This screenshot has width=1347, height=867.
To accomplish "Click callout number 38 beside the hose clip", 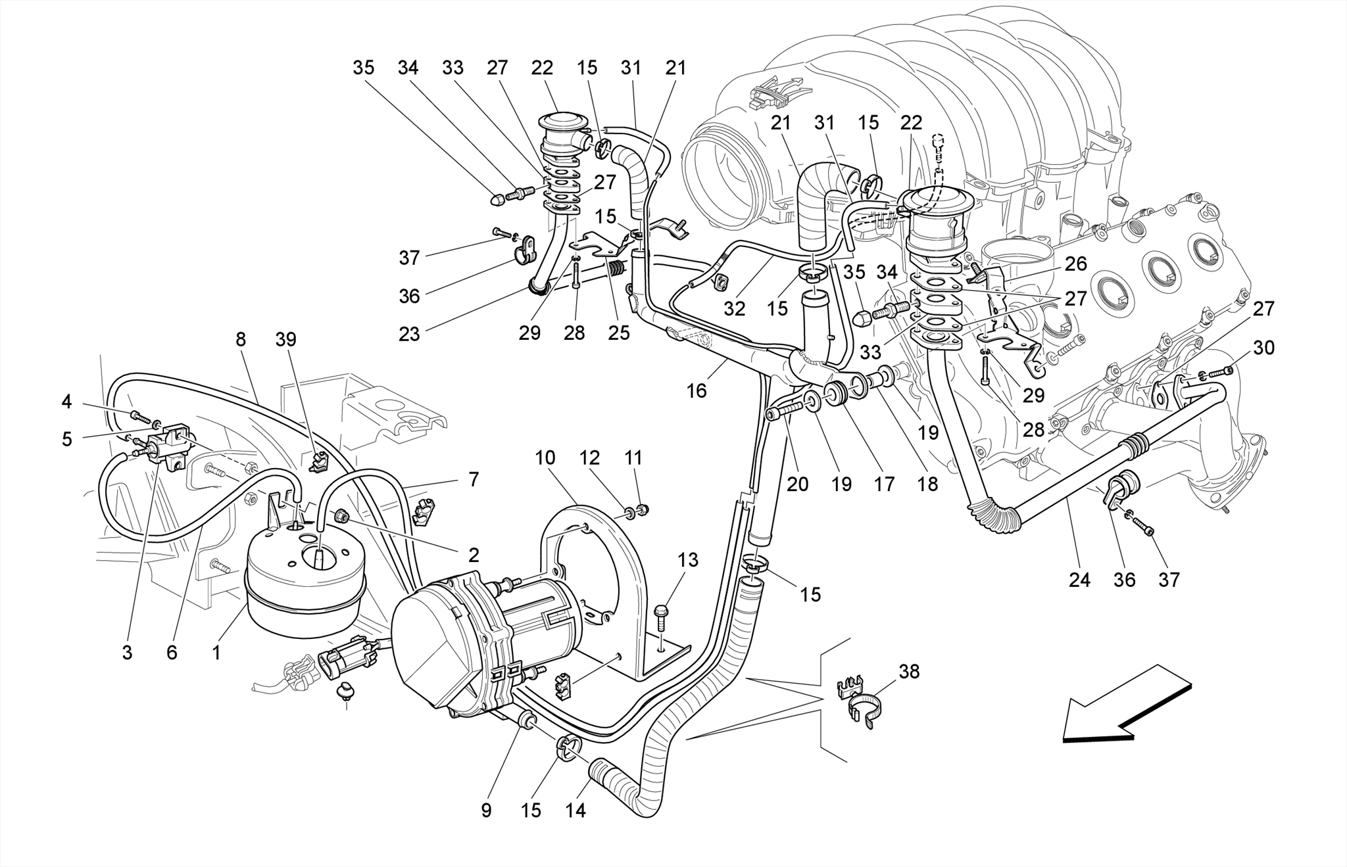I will (x=909, y=672).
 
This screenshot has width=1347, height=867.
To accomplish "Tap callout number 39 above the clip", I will (x=285, y=340).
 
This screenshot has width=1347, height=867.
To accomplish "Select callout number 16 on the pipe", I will (x=696, y=391).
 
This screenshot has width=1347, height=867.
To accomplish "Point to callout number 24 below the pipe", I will (x=1079, y=580).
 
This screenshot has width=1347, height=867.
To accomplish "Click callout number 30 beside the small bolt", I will (x=1263, y=348).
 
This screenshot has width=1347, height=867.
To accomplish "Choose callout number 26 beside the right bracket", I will (x=1075, y=264).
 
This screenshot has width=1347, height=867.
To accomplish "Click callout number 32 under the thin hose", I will (x=734, y=308).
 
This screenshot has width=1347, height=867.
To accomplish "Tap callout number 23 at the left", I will (x=409, y=334).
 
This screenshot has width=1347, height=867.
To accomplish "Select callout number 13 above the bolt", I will (x=688, y=560).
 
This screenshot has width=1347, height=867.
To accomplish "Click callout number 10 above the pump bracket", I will (x=545, y=457).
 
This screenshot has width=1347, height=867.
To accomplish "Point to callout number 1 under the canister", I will (x=216, y=653).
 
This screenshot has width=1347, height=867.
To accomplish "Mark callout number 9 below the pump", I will (x=486, y=810).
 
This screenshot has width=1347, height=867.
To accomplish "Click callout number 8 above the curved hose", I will (x=241, y=340).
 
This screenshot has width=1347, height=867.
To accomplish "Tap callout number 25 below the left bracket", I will (x=618, y=333).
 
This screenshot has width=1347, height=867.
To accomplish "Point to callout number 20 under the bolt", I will (x=797, y=484).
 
